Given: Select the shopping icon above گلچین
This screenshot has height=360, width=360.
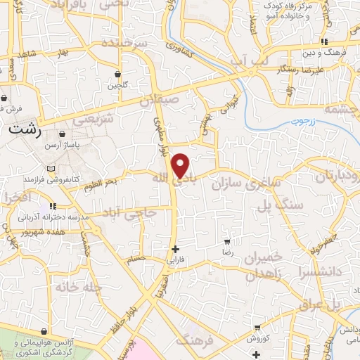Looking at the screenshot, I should pos(117,74).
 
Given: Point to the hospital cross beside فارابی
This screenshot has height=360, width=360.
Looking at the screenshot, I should pos(175,248).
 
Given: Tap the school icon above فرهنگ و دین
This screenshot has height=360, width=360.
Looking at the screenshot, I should pos(324,41).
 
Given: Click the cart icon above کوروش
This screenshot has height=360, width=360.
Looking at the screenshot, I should pos(257,328).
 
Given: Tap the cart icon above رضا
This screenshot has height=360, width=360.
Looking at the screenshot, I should pos(226,241).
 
